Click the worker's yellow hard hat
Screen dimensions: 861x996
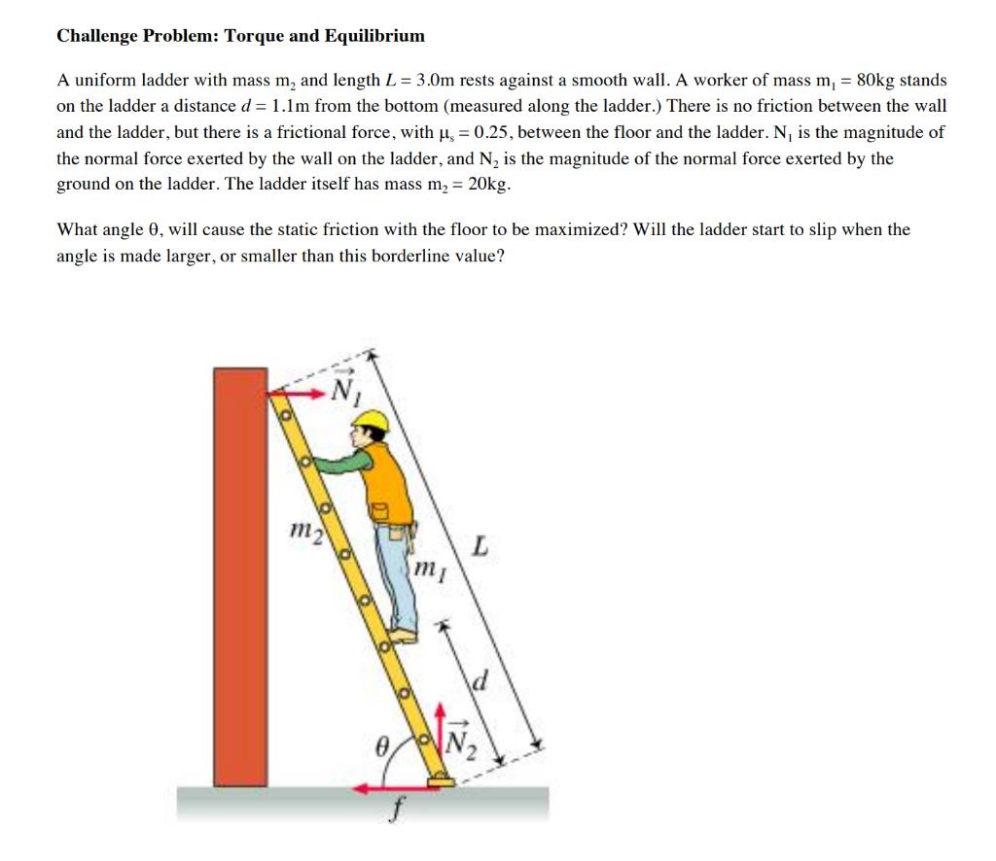371,419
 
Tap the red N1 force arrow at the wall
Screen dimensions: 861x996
298,394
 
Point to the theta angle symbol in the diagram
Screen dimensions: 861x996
383,746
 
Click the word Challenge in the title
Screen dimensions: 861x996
96,36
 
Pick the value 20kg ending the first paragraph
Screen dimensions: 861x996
488,185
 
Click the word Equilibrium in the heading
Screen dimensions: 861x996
374,36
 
